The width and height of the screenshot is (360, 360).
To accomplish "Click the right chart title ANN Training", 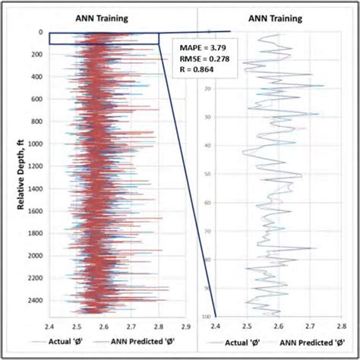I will [281, 18].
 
